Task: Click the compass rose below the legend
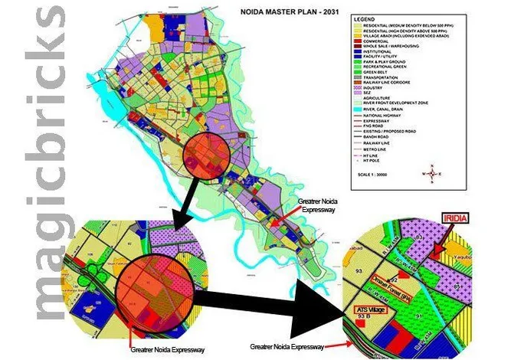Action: tap(435, 172)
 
